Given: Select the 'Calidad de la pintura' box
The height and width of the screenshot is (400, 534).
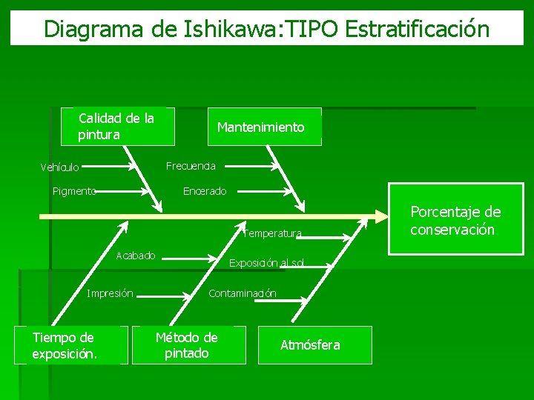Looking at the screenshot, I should pos(117,126).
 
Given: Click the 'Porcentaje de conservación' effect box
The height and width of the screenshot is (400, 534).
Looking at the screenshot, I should pos(455,221).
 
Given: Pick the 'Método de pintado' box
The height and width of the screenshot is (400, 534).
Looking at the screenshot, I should pos(187,345).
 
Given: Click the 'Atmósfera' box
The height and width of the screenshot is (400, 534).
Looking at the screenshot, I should pos(310,345).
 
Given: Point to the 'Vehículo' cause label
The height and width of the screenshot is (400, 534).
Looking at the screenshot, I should pos(60,167).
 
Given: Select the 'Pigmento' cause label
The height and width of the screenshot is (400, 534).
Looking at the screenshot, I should pos(74,191).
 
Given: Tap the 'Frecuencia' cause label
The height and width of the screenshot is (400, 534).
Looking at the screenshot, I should pos(191,165).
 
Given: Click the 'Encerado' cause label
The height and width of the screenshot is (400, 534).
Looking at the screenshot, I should pos(205,191).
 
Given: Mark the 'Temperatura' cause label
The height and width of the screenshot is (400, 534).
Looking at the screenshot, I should pos(272,234).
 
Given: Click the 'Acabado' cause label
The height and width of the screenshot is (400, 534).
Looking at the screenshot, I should pos(136,256).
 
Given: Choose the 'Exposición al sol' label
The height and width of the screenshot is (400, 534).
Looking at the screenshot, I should pos(266,263).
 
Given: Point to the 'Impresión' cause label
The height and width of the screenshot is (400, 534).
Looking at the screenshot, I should pos(111,293).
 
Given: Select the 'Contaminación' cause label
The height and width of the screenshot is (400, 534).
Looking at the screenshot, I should pos(243,293).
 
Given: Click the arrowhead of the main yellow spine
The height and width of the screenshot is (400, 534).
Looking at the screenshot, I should pos(380,217).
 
